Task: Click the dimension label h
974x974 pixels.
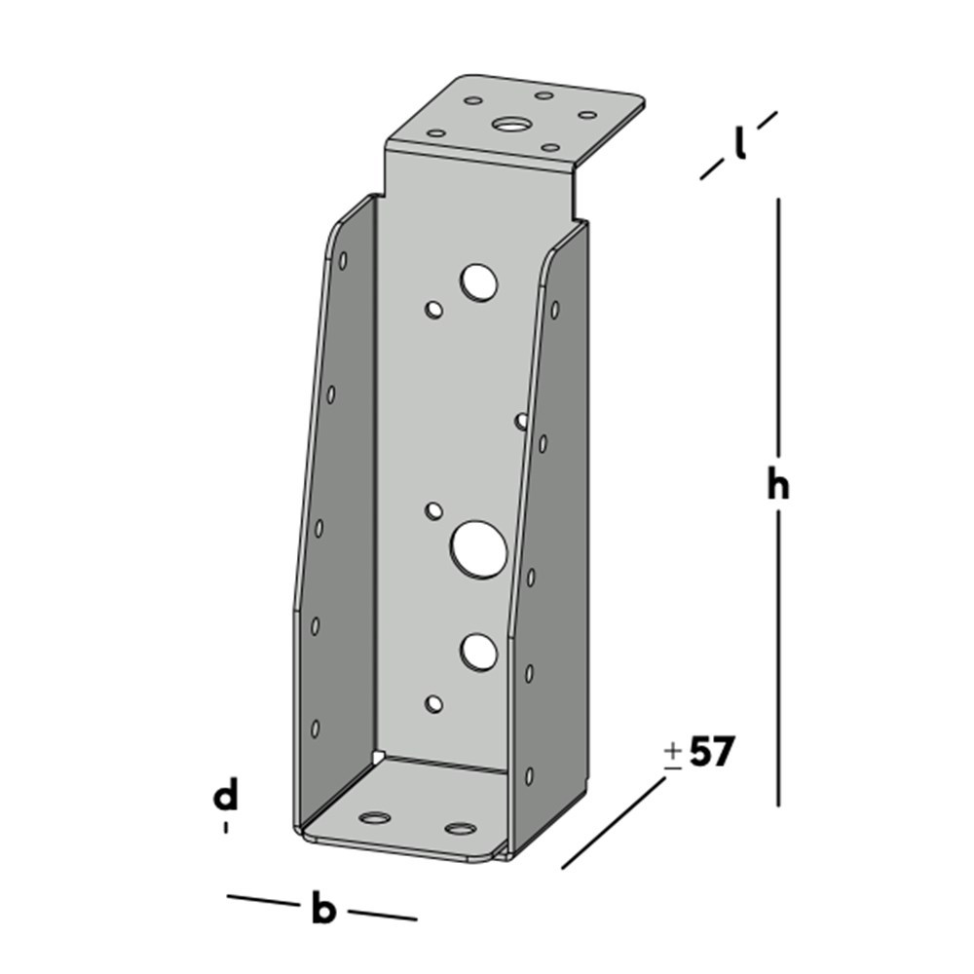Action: (x=776, y=484)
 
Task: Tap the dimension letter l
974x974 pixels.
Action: (x=740, y=144)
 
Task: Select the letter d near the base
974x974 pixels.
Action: (x=226, y=796)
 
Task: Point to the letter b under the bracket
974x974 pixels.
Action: (x=322, y=911)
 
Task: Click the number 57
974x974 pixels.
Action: (x=710, y=752)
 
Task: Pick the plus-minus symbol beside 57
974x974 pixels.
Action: (x=673, y=756)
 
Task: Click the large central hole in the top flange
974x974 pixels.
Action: (x=507, y=124)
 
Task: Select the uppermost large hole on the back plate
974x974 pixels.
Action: (x=479, y=281)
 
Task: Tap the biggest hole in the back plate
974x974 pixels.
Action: (x=478, y=547)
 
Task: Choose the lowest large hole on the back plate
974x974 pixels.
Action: (x=478, y=651)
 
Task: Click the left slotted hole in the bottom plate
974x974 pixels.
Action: (x=374, y=817)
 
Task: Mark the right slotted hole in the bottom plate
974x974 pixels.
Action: (x=460, y=829)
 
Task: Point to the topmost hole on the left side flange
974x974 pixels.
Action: (x=343, y=260)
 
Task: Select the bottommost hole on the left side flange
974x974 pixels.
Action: (x=315, y=728)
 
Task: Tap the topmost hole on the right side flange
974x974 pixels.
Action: (x=554, y=310)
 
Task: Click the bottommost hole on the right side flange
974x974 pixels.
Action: (x=529, y=775)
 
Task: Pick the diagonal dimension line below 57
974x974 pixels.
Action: (x=614, y=823)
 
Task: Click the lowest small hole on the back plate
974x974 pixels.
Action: (x=434, y=703)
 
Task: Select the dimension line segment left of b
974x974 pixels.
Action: (x=263, y=901)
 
